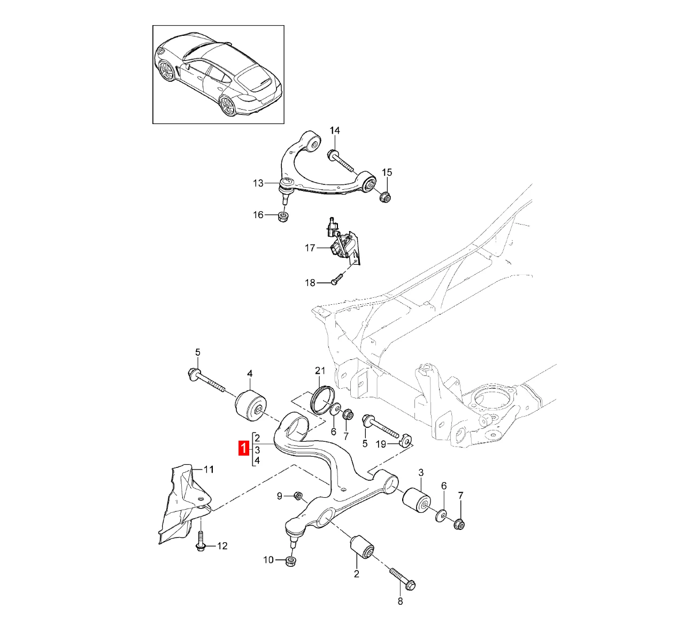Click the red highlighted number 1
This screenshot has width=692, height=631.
(244, 448)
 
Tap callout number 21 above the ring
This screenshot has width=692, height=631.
(320, 371)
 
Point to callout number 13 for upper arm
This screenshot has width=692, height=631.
(258, 183)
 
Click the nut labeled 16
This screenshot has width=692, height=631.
(283, 217)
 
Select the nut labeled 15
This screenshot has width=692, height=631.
(385, 197)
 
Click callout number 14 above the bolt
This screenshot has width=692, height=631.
(334, 131)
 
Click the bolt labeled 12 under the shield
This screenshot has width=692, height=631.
(200, 541)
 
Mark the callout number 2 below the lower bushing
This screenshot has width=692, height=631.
(356, 574)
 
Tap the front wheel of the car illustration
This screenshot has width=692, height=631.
(167, 71)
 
